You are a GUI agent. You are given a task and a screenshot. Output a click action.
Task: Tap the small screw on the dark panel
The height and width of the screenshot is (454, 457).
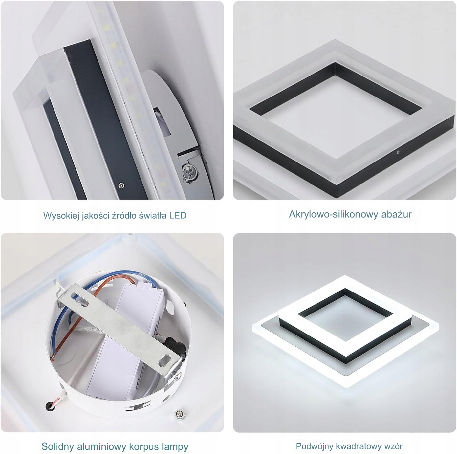pos(121,185)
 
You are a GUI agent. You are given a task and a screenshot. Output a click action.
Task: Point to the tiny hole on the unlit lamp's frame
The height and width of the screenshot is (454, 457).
pos(398,152)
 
